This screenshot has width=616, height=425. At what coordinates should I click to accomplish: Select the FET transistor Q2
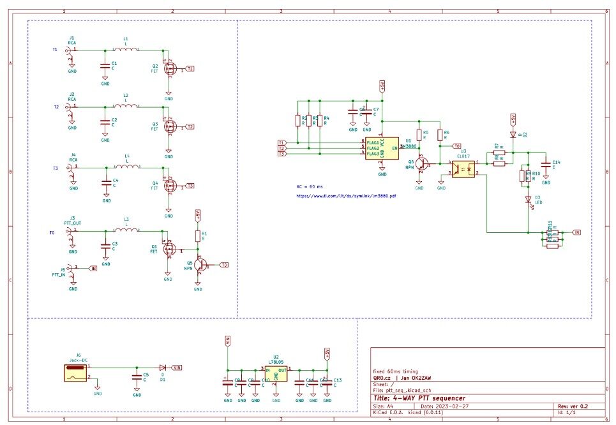point(169,68)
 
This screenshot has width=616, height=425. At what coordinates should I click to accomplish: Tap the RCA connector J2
point(70,110)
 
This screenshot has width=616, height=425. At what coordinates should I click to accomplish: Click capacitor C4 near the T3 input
point(106,182)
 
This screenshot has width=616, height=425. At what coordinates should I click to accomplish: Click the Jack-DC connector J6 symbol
point(75,371)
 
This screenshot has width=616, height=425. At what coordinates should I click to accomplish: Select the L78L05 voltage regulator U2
point(276,373)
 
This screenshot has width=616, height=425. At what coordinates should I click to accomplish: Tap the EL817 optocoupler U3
point(465,168)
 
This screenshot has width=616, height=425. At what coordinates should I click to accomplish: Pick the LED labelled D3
point(528,200)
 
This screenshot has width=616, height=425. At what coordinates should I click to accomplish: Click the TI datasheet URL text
point(346,196)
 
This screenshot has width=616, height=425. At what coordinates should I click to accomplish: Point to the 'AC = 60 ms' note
point(310,186)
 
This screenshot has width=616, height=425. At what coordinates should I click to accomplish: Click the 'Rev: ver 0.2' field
point(573,406)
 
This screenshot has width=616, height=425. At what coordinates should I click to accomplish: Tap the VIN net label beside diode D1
point(177,368)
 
